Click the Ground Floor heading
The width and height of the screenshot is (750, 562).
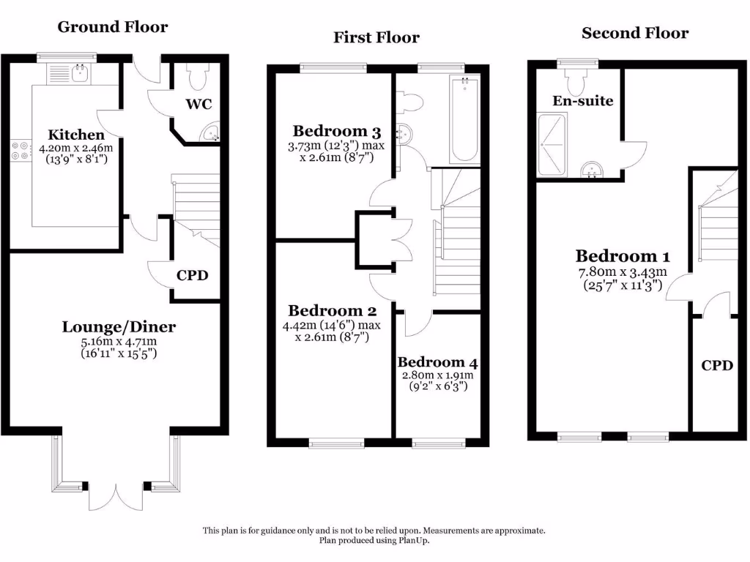113,27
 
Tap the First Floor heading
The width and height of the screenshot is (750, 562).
376,37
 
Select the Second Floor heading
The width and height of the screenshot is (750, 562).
635,33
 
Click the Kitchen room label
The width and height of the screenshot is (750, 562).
76,135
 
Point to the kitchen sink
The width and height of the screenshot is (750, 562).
78,72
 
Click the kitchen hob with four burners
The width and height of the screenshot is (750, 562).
20,150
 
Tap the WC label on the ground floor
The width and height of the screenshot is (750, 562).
198,104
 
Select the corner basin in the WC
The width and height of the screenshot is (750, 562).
212,133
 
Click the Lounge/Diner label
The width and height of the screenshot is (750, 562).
119,327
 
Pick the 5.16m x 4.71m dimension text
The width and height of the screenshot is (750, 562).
119,341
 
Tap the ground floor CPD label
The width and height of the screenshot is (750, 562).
193,276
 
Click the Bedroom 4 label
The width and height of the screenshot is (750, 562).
437,362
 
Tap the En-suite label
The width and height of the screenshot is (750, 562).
583,101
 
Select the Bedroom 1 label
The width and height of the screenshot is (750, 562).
622,256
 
